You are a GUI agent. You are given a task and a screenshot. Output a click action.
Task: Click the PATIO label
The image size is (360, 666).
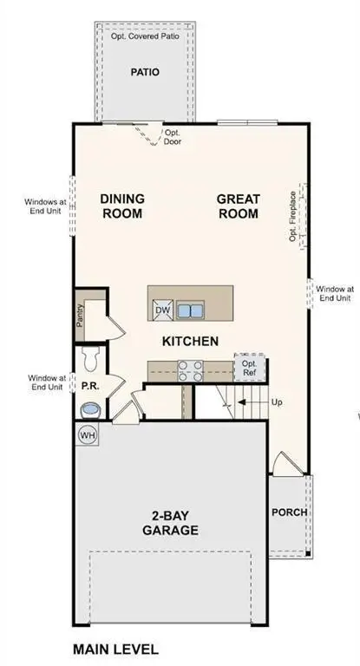[x=146, y=72]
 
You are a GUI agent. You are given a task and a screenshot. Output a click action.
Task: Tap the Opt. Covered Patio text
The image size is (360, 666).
[x=146, y=37]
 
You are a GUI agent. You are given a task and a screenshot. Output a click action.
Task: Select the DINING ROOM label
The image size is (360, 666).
[x=123, y=206]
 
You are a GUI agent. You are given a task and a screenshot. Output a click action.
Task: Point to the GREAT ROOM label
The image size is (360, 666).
[x=239, y=206]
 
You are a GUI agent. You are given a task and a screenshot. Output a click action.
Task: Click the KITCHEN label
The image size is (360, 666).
[x=190, y=341]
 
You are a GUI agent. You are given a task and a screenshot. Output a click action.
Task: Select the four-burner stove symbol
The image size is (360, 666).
[x=190, y=370]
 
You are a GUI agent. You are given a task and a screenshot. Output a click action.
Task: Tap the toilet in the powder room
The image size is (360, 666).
[x=90, y=357]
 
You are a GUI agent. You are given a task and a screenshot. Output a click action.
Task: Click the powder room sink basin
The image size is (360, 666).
[x=89, y=409]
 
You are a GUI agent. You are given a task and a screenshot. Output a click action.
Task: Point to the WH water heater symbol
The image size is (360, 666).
[x=88, y=434]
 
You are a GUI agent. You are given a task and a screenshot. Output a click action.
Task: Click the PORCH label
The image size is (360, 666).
[x=289, y=512]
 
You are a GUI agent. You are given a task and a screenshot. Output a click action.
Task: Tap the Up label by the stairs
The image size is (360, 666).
[x=278, y=403]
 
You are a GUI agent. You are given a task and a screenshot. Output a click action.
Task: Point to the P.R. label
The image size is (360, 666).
[x=88, y=384]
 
